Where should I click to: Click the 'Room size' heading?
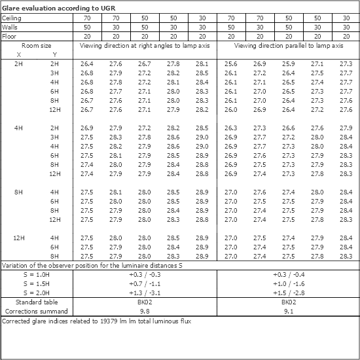click(35, 46)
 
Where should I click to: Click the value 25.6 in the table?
click(230, 63)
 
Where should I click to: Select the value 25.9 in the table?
click(288, 63)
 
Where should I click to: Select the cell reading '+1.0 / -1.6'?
click(288, 283)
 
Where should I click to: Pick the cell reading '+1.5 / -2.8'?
click(288, 293)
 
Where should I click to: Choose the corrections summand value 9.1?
click(288, 312)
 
